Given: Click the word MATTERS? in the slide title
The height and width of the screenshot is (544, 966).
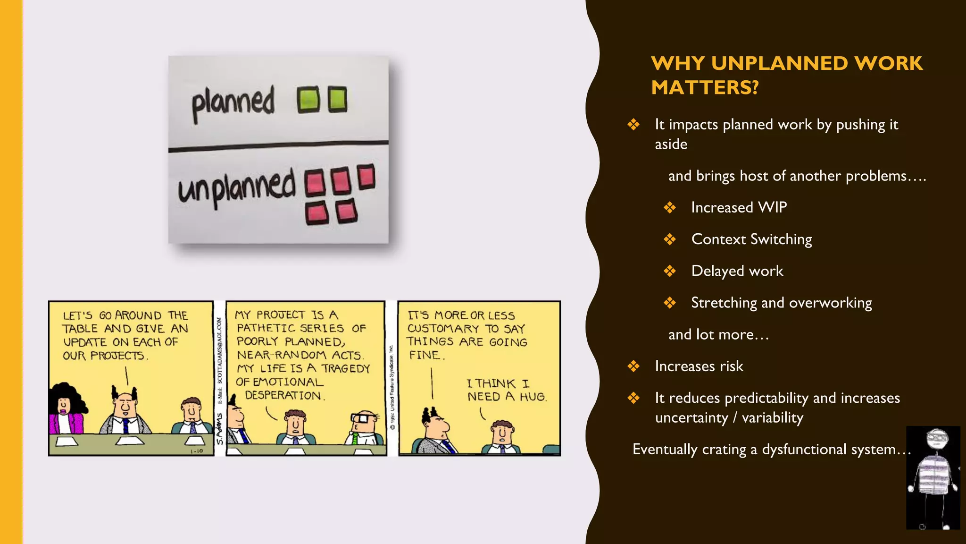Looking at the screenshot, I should (705, 87).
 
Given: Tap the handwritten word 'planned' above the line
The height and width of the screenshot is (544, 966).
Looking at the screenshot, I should (233, 102).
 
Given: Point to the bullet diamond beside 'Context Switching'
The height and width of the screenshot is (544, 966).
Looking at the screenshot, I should (670, 239).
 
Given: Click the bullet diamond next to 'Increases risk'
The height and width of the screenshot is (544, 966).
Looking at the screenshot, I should (633, 366).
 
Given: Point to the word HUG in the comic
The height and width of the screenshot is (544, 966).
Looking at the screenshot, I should (533, 397).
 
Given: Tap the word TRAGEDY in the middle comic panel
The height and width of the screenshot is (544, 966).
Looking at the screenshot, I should (346, 368).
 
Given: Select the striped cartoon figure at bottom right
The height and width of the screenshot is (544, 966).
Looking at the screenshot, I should (933, 477).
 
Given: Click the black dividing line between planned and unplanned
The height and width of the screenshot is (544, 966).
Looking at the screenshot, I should (278, 146).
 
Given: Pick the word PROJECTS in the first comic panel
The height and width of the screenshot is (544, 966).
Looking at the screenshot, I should (117, 356).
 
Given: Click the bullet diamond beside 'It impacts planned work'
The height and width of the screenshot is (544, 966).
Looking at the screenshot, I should (633, 125).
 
